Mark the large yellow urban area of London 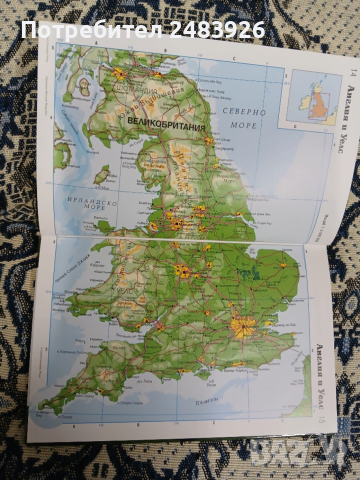tap(241, 326)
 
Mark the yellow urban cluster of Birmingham tap(183, 271)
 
